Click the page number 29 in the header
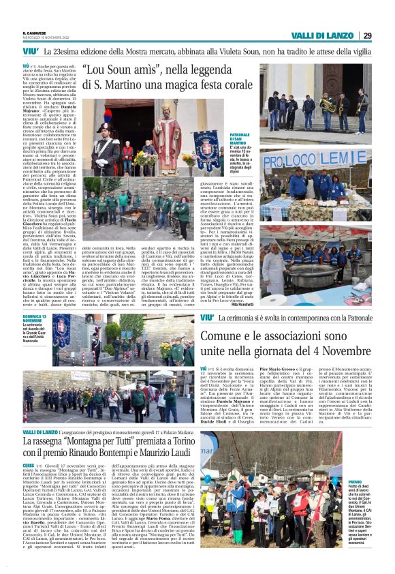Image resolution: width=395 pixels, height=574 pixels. pos(366,35)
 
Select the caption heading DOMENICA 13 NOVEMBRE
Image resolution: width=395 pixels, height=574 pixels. pos(34,320)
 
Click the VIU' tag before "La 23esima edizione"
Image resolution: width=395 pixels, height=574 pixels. pos(30,52)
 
